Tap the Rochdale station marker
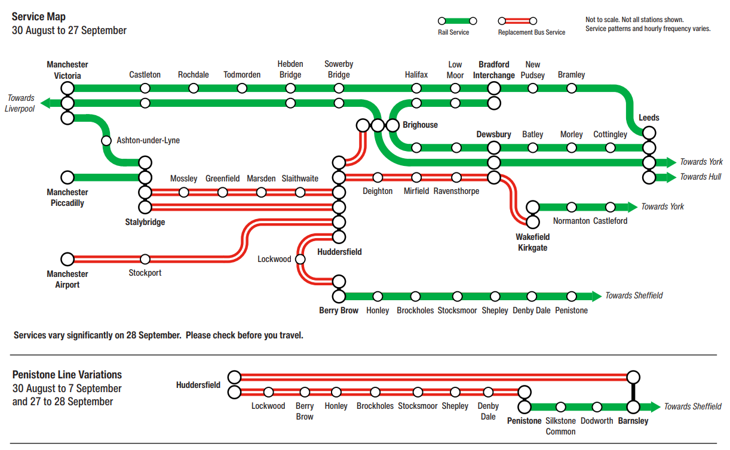coord(194,88)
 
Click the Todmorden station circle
coord(242,88)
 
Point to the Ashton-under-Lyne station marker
coord(106,141)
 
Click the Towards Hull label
coord(700,177)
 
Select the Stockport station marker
coord(145,259)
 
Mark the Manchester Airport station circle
coord(68,259)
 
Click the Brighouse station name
coord(420,125)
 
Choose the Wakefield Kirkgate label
coord(533,242)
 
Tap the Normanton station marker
coord(572,207)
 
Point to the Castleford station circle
coord(610,207)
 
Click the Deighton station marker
coord(378,177)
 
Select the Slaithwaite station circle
coord(300,192)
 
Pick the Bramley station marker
coord(572,88)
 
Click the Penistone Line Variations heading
coord(67,375)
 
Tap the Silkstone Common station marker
coord(561,407)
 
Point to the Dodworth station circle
coord(597,407)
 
